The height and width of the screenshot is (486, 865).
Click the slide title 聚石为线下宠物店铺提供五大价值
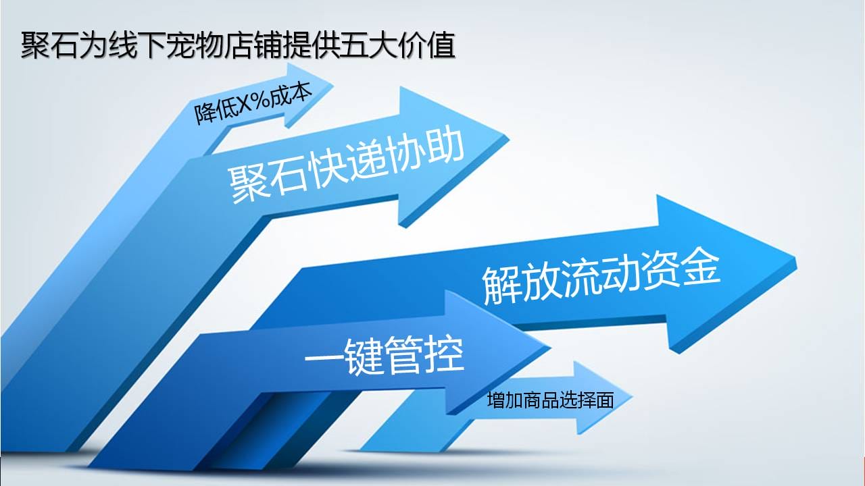click(x=238, y=45)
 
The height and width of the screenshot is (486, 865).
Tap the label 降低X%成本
click(x=253, y=103)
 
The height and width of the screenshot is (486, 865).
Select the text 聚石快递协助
click(x=347, y=166)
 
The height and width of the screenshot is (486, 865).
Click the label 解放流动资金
click(x=601, y=278)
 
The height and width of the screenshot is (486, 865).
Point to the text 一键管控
click(x=385, y=356)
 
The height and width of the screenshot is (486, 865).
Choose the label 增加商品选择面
click(x=550, y=400)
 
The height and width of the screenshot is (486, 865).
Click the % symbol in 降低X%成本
click(x=261, y=101)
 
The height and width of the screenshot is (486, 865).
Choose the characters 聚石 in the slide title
click(x=49, y=45)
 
